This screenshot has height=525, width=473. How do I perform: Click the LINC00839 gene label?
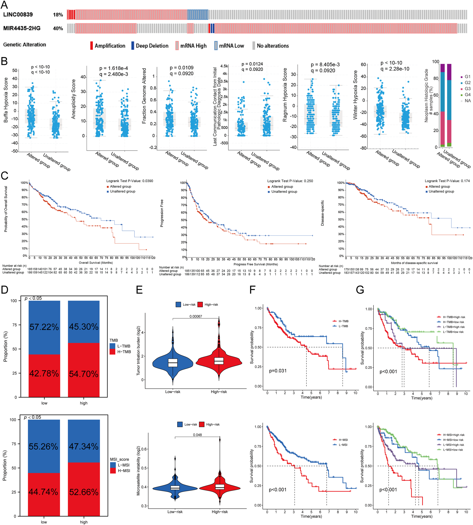(18, 15)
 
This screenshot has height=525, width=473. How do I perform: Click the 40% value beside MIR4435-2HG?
(58, 28)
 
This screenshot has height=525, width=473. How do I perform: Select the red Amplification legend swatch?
(91, 46)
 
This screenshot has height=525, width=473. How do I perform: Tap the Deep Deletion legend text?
(152, 46)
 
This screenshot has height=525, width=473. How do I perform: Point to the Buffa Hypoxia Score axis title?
(6, 100)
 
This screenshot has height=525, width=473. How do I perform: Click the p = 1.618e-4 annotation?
(113, 68)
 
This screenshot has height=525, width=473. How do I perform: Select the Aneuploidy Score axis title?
(74, 99)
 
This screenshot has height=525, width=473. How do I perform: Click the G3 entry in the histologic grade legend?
(467, 89)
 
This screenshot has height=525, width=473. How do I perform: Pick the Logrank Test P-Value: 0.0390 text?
(130, 181)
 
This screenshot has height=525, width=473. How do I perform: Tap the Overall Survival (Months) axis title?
(96, 263)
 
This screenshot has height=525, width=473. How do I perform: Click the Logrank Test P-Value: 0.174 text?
(447, 181)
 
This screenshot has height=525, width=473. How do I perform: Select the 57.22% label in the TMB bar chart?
(44, 327)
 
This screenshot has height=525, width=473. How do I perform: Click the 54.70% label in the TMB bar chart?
(84, 374)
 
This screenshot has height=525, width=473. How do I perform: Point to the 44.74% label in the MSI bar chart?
(43, 492)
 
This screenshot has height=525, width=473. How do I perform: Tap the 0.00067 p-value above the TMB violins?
(196, 316)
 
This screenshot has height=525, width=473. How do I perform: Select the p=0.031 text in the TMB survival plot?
(278, 371)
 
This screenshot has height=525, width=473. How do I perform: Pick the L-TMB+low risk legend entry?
(453, 332)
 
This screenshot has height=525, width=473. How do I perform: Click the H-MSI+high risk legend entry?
(454, 435)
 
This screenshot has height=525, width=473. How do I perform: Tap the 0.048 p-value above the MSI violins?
(197, 435)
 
